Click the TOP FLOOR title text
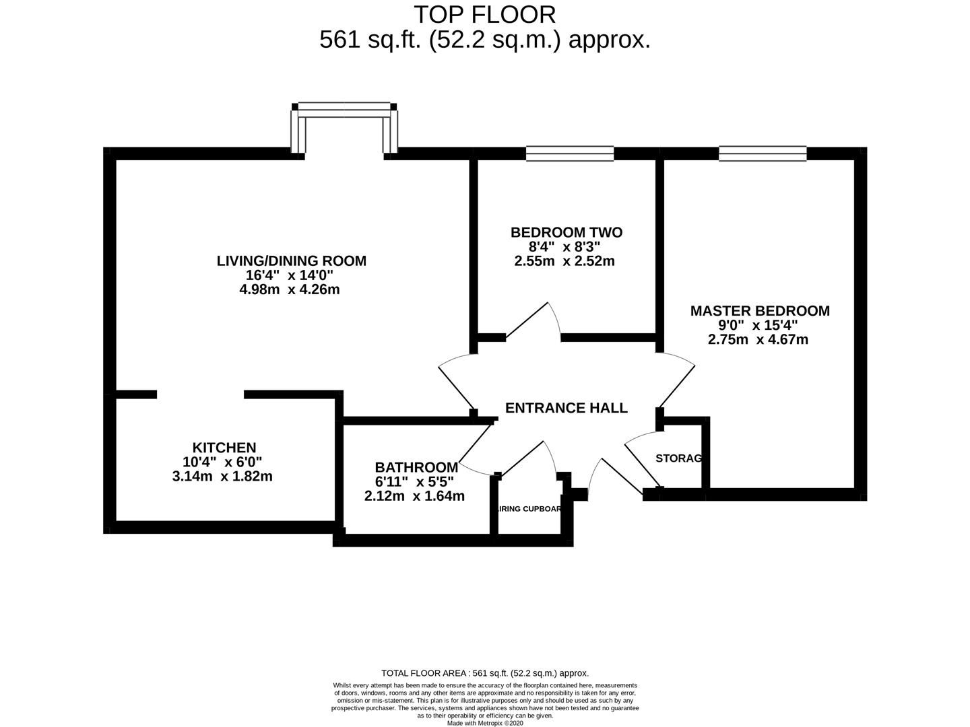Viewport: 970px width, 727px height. click(x=484, y=14)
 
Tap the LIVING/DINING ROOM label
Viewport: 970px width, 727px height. click(x=291, y=261)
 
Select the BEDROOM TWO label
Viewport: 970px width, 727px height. click(x=566, y=232)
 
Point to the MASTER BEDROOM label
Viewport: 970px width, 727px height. click(x=759, y=310)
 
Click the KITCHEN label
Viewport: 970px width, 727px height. click(x=224, y=448)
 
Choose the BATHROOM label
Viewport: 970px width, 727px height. click(x=416, y=467)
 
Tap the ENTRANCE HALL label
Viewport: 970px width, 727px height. click(x=566, y=408)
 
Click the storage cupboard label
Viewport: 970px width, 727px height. click(x=679, y=458)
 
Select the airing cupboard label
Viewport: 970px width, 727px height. click(x=529, y=509)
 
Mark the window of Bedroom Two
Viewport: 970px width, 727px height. click(x=569, y=154)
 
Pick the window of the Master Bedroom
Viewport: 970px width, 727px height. click(x=762, y=154)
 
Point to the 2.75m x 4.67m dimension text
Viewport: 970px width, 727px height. click(x=758, y=339)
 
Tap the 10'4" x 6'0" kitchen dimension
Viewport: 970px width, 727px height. click(x=222, y=462)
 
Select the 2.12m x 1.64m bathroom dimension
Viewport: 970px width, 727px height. click(x=414, y=496)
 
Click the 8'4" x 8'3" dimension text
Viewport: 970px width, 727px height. click(x=564, y=246)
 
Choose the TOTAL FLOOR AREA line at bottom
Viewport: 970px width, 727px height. click(x=485, y=672)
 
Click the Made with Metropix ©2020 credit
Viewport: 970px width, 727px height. click(x=485, y=723)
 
